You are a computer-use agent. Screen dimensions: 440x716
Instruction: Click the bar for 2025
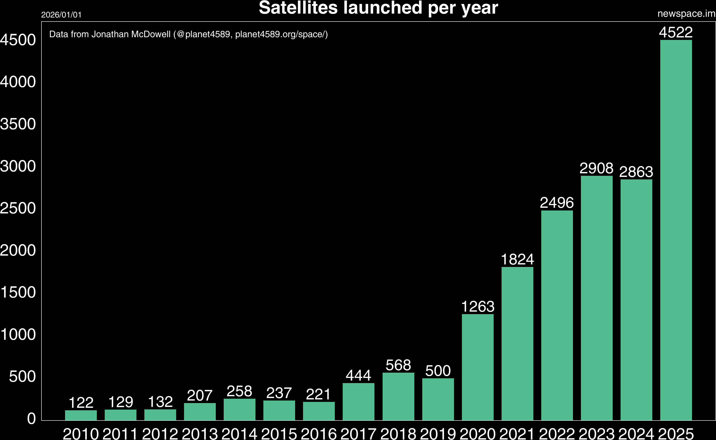point(676,230)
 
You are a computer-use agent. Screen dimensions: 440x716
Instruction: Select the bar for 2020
point(478,367)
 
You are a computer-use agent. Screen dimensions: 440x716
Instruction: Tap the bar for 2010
point(81,415)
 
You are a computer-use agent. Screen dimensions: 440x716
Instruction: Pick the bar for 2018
point(398,396)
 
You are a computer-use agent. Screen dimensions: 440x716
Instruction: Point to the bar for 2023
point(597,298)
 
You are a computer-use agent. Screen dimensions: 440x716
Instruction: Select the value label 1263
point(478,306)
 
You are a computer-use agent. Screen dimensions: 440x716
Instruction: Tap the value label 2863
point(636,172)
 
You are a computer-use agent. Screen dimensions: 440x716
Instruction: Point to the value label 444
point(358,375)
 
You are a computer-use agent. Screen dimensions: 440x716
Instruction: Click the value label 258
point(239,391)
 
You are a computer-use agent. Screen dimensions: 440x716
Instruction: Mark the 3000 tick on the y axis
point(18,166)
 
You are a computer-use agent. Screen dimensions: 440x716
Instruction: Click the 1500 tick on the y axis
point(18,292)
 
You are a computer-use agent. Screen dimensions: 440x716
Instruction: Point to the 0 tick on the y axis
point(32,418)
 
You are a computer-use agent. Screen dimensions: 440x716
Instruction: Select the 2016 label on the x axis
point(319,434)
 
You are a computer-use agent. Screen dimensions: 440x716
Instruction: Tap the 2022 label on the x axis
point(557,434)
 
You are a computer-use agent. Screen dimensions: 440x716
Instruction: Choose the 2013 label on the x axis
point(200,434)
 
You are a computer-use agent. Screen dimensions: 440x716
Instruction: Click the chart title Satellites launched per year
point(378,8)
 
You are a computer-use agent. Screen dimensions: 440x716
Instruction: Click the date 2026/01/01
point(61,15)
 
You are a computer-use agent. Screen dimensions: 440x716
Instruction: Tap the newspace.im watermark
point(686,14)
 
